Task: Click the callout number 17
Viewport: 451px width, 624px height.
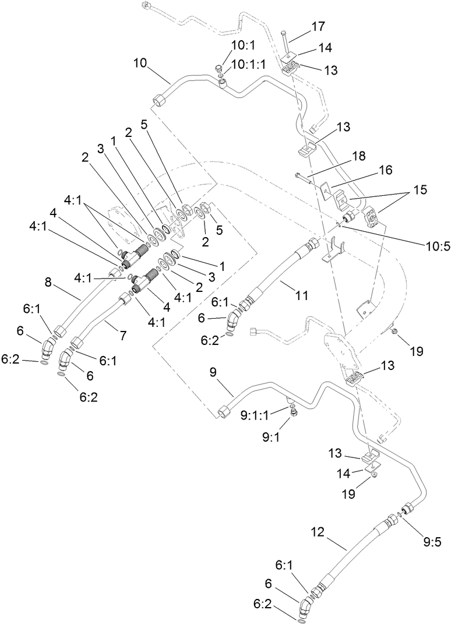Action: (x=318, y=26)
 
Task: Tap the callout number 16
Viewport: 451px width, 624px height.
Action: (x=385, y=170)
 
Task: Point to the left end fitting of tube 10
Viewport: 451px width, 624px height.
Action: (x=159, y=103)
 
